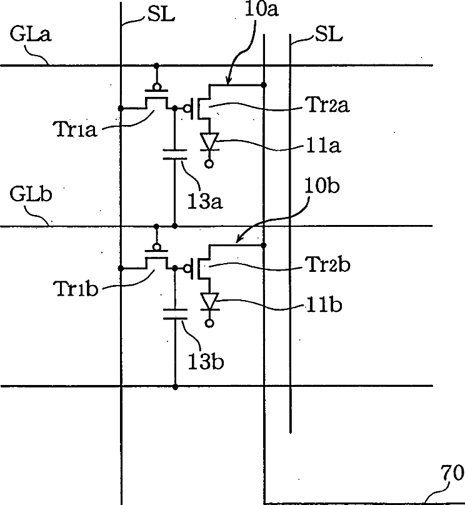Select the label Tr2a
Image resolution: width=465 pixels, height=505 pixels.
pyautogui.click(x=328, y=106)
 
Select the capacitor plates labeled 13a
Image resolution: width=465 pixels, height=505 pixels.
pyautogui.click(x=174, y=154)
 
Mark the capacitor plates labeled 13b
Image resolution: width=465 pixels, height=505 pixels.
pyautogui.click(x=174, y=314)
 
